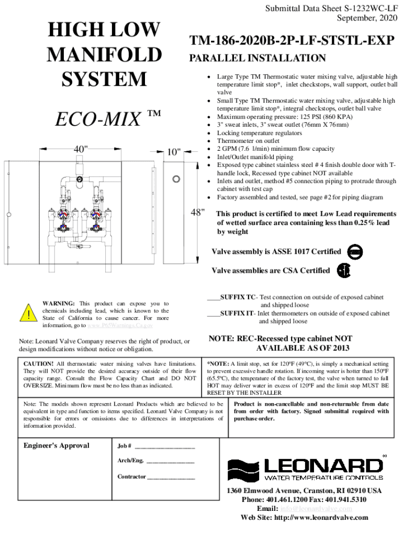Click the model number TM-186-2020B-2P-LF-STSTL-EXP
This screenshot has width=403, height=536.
click(292, 40)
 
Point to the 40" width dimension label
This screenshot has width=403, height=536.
click(81, 150)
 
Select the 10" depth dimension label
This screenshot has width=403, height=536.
click(174, 152)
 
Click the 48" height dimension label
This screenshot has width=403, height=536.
click(197, 213)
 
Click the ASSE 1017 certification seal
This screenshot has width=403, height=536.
click(355, 252)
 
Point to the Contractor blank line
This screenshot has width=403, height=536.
click(171, 477)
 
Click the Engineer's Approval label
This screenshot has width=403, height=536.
click(57, 446)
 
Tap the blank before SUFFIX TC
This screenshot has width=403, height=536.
click(213, 297)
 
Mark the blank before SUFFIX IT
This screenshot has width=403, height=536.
click(213, 314)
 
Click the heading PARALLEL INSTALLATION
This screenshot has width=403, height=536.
click(257, 58)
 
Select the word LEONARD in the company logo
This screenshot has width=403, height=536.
click(323, 465)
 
